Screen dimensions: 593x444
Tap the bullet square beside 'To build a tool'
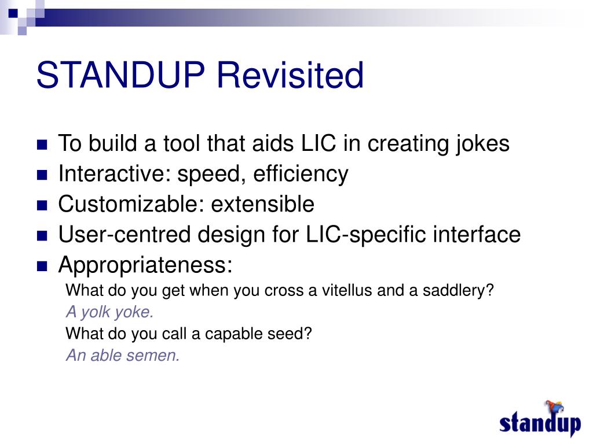(42, 145)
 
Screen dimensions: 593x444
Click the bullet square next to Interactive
(42, 175)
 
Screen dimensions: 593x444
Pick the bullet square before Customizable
(42, 205)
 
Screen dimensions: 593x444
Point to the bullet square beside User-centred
(42, 236)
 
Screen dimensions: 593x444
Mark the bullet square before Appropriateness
(42, 266)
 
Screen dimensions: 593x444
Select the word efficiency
(301, 175)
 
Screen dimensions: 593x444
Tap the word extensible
(262, 204)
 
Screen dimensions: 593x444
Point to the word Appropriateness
(145, 265)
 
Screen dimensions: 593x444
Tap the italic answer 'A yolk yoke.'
(109, 312)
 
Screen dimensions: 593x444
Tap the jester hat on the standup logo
(554, 407)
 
